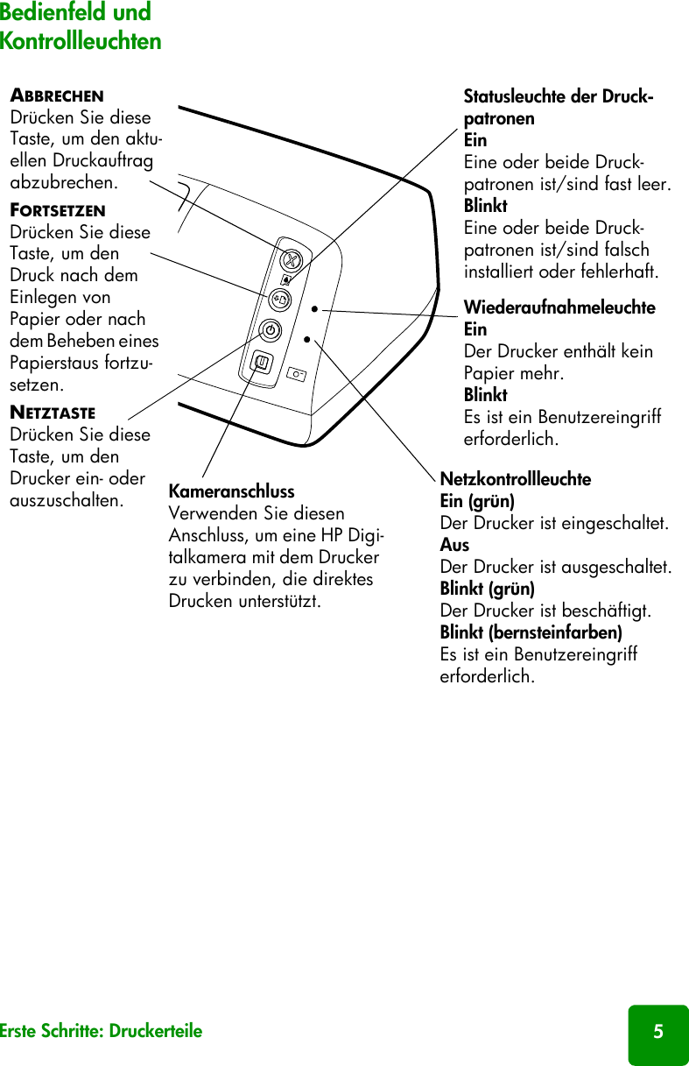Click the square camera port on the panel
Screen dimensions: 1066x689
(261, 362)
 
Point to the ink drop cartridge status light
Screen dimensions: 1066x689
(286, 280)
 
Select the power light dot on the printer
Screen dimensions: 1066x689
(307, 338)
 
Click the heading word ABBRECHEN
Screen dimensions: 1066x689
(57, 95)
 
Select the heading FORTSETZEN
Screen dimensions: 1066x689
(58, 211)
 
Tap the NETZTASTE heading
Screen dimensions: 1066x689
(53, 413)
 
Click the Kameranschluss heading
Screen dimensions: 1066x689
(231, 491)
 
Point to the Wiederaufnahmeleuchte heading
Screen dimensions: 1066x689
(559, 308)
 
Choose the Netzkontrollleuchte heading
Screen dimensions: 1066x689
(515, 480)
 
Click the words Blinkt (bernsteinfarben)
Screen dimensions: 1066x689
(531, 632)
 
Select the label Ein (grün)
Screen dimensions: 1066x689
(476, 502)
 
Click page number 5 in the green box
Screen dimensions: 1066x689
(657, 1032)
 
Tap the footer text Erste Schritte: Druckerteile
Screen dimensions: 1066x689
(101, 1031)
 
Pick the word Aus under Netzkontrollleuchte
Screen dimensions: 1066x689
(454, 545)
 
